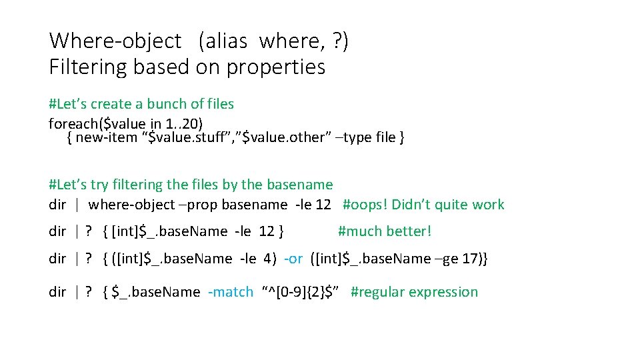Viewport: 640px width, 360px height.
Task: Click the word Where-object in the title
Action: point(115,41)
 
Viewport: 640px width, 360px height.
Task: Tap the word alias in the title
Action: point(227,41)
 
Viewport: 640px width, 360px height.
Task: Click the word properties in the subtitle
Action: point(276,67)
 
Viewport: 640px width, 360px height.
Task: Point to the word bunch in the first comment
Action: point(168,104)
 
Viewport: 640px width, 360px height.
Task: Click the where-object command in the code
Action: point(131,205)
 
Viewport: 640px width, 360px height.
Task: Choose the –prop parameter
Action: point(198,205)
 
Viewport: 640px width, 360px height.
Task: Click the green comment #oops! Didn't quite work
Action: point(423,205)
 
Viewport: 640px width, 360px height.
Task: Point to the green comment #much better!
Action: point(385,231)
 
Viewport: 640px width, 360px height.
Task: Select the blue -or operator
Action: point(293,259)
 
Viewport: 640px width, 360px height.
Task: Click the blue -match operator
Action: point(231,292)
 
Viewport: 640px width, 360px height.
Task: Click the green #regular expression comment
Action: point(414,292)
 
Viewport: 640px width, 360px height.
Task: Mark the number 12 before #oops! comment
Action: point(323,205)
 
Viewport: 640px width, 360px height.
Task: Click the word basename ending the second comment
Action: point(299,185)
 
